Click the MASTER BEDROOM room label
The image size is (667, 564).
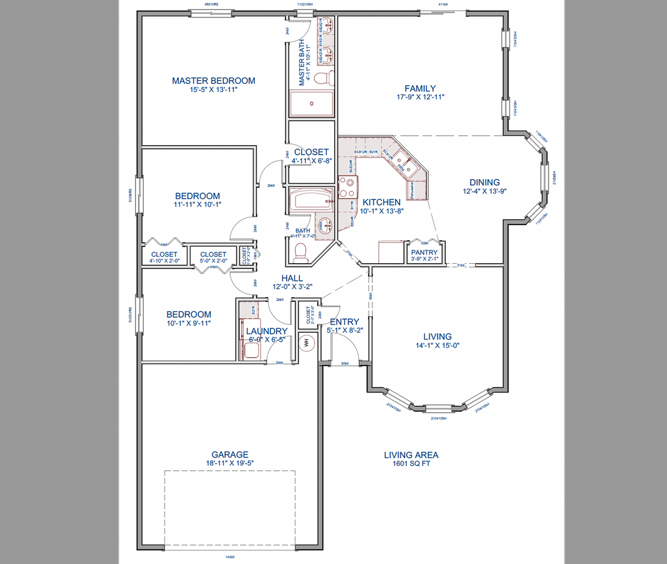point(213,80)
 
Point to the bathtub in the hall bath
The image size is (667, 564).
point(312,200)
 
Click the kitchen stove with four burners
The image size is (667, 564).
point(347,187)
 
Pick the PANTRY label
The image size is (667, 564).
point(425,253)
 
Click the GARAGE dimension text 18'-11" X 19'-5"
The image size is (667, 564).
point(230,463)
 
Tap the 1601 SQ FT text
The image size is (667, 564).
point(411,464)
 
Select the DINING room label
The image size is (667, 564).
point(484,182)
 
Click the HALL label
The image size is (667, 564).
point(292,278)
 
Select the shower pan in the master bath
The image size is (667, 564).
point(311,103)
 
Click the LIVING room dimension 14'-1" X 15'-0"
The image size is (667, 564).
point(437,345)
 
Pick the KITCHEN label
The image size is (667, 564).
point(381,202)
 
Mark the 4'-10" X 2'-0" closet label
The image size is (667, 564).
point(163,260)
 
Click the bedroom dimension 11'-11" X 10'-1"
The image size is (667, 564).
point(197,204)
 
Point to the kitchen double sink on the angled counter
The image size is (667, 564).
point(405,163)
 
